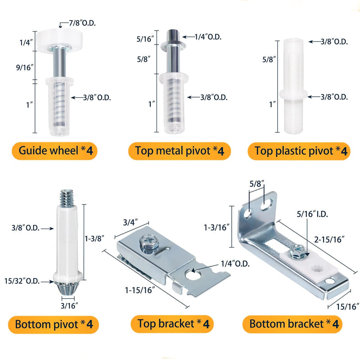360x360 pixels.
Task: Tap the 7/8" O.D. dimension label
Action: click(82, 23)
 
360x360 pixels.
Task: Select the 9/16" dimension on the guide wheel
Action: click(25, 67)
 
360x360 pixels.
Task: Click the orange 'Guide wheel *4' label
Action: click(54, 151)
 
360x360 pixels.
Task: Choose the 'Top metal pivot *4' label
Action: click(180, 151)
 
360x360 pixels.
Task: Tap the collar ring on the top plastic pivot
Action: click(293, 94)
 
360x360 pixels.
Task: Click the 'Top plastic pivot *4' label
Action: click(299, 151)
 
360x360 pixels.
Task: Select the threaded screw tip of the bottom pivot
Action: click(67, 198)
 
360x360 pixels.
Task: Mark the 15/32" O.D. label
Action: click(22, 281)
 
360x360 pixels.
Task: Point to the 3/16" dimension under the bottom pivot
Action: click(69, 306)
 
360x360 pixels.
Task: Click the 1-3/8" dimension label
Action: click(94, 238)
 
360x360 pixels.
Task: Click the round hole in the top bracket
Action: click(192, 274)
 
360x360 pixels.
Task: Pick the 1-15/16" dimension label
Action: click(140, 290)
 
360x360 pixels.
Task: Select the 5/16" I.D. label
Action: click(312, 214)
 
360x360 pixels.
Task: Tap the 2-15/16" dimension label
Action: click(329, 239)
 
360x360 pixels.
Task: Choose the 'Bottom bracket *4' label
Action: click(292, 324)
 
